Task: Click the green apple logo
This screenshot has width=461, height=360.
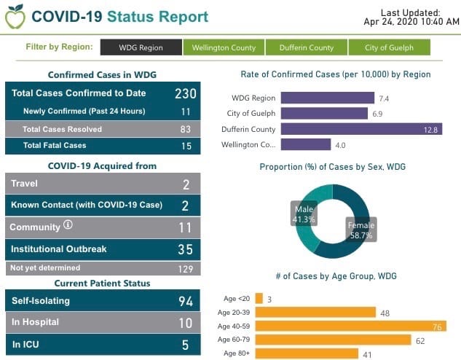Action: [x=14, y=16]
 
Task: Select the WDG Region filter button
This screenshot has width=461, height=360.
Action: [x=141, y=48]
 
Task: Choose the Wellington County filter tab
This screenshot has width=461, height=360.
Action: [x=224, y=48]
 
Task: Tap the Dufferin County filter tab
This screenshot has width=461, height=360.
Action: [x=306, y=48]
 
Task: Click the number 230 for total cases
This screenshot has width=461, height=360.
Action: [x=185, y=93]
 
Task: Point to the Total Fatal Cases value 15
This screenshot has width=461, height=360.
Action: [x=185, y=146]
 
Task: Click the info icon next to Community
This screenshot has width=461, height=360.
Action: [x=68, y=226]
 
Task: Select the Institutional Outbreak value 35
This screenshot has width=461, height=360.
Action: [x=185, y=249]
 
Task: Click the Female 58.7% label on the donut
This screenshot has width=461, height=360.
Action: [x=360, y=231]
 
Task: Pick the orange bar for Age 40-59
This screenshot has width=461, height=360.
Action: [x=350, y=326]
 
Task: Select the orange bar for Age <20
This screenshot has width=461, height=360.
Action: [x=259, y=299]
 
